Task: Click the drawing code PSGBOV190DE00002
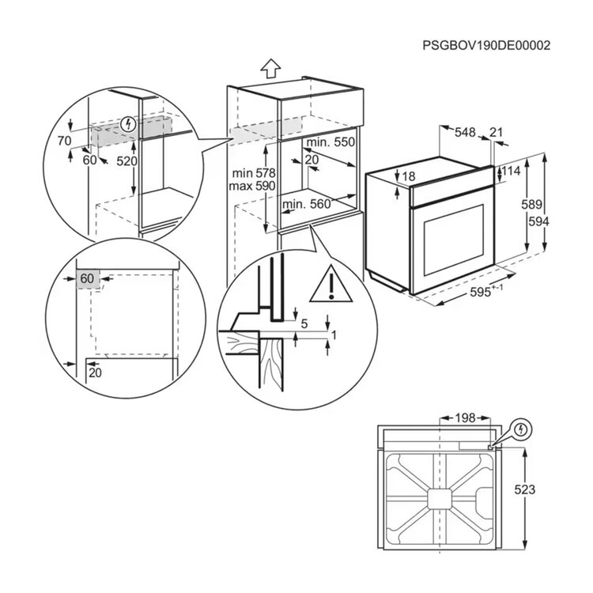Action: point(486,46)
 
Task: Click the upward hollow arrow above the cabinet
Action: point(270,69)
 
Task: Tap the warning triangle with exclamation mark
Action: point(331,285)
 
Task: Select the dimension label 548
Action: point(465,132)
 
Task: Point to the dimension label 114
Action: point(511,171)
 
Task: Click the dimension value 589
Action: point(532,204)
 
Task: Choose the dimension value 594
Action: point(538,221)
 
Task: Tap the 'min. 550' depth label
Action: point(330,142)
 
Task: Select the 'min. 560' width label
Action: point(307,204)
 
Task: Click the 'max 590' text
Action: point(252,186)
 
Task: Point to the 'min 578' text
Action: point(254,173)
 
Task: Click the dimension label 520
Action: point(127,161)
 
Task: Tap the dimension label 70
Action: point(64,141)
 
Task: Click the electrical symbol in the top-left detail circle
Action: point(129,124)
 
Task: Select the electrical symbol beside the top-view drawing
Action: point(522,429)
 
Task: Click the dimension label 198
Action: point(465,418)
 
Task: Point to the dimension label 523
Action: point(525,489)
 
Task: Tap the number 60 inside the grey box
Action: point(87,278)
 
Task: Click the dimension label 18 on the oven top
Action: point(409,176)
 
